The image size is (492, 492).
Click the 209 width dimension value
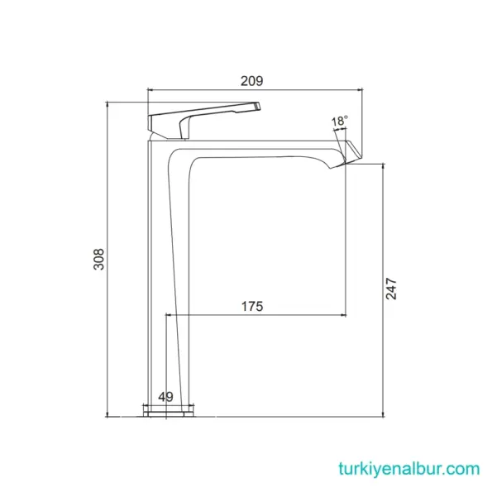tap(252, 80)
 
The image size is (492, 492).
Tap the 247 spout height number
tap(392, 289)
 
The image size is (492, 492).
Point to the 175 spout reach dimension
tap(252, 307)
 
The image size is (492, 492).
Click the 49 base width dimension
tap(165, 397)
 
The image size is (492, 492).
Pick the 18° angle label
tap(339, 122)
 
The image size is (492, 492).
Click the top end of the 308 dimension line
tap(108, 103)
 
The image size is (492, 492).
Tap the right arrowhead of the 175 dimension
tap(342, 314)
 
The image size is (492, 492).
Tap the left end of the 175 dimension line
tap(168, 314)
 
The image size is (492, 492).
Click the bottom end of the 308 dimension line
tap(108, 415)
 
